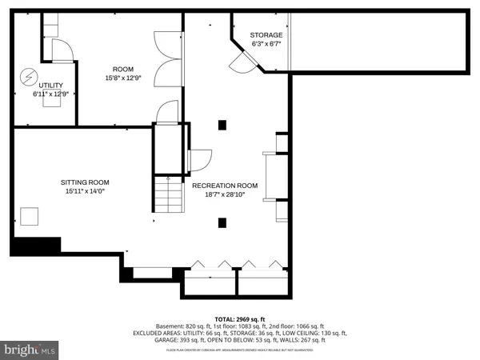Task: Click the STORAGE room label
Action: (x=266, y=35)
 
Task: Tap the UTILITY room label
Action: (x=50, y=85)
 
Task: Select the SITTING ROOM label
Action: (x=83, y=182)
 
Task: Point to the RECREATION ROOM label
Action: (x=223, y=186)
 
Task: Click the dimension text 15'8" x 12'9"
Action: (x=123, y=78)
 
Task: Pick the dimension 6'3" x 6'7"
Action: (x=266, y=45)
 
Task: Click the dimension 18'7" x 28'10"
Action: (x=223, y=194)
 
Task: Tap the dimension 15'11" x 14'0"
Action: (x=83, y=191)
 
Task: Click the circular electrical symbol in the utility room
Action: (x=28, y=77)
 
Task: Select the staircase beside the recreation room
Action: (x=168, y=196)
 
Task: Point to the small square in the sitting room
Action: (x=29, y=217)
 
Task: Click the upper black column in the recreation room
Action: (x=222, y=124)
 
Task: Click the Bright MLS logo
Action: (x=30, y=349)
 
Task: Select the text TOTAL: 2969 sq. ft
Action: (x=240, y=318)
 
